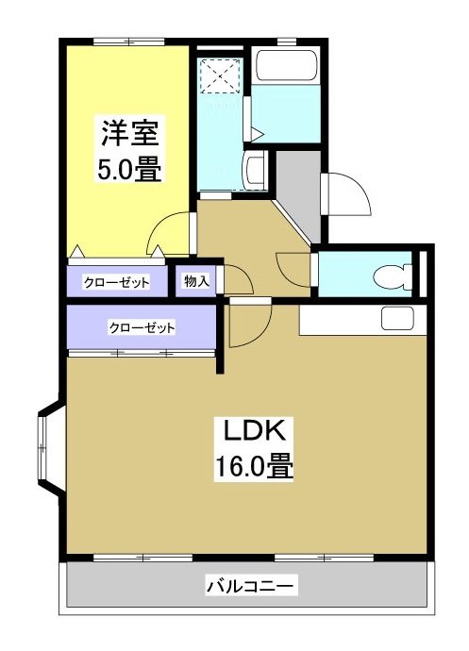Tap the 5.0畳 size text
[128, 171]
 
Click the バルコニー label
[251, 587]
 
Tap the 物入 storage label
[196, 281]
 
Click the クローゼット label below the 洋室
[116, 282]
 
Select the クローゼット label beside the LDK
[142, 327]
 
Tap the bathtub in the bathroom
[288, 68]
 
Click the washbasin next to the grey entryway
[253, 172]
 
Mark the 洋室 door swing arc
[173, 231]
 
